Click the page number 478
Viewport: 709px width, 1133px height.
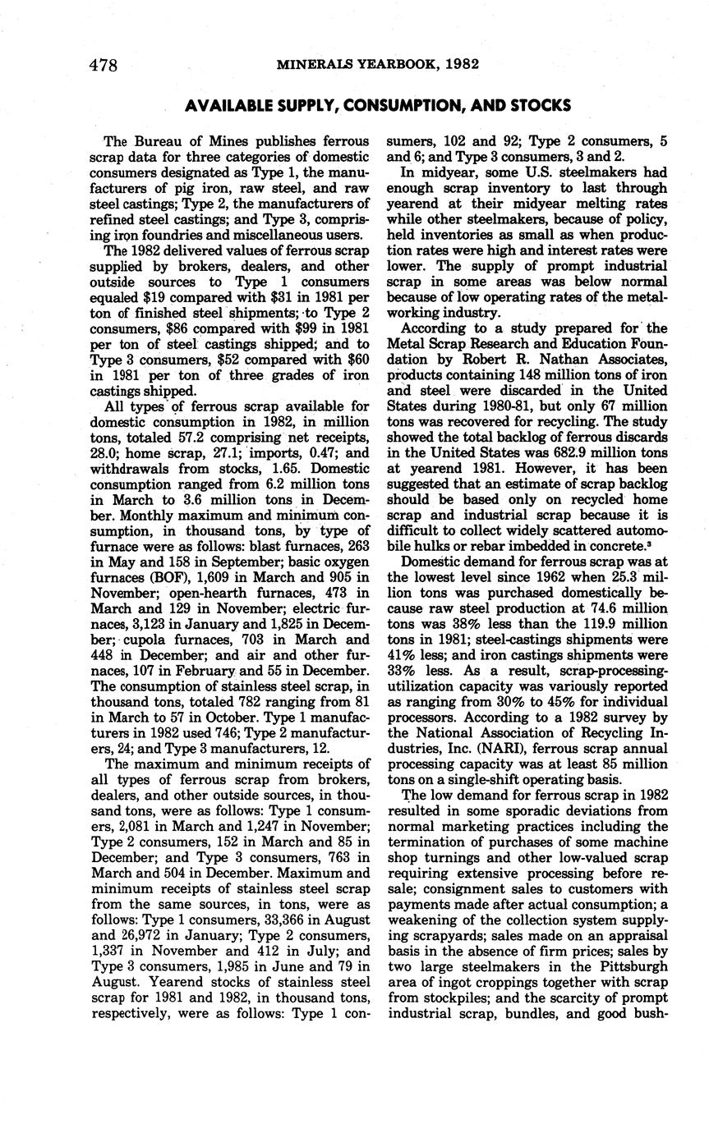(104, 65)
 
